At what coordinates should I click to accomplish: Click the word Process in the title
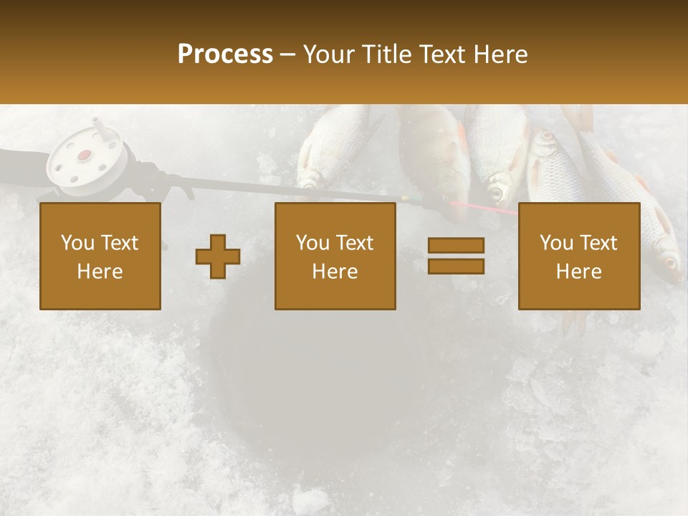point(225,54)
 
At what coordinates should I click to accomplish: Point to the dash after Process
point(287,55)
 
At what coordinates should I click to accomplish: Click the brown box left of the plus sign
point(100,256)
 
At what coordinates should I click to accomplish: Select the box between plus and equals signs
point(335,256)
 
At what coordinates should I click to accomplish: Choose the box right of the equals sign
point(578,256)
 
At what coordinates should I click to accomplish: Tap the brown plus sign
point(218,257)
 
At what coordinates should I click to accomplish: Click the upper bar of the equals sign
point(456,246)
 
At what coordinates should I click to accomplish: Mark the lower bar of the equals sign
point(456,266)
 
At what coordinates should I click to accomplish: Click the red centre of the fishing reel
point(85,154)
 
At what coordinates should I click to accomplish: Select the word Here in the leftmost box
point(100,272)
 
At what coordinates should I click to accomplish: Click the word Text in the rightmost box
point(598,243)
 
